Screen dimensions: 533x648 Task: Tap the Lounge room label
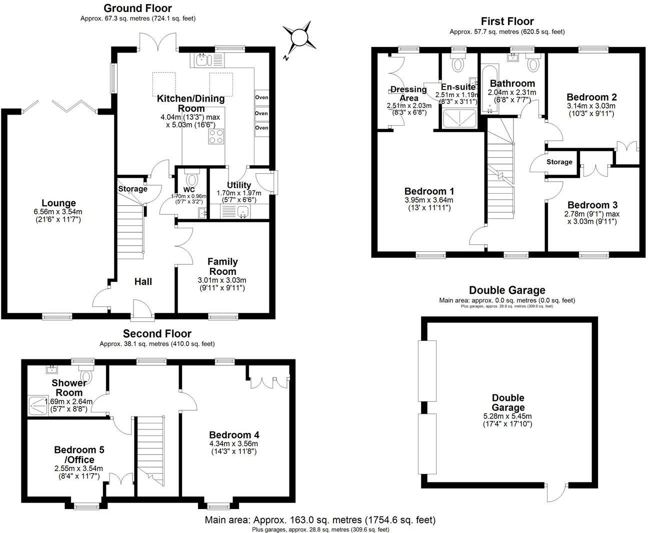58,203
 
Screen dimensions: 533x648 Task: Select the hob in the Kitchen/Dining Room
216,136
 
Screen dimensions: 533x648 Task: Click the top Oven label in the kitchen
261,97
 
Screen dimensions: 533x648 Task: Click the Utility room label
238,185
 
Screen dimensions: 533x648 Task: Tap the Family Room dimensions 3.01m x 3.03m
222,280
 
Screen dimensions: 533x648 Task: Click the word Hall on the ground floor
143,282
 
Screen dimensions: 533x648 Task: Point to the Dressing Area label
408,94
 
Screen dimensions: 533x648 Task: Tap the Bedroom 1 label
429,191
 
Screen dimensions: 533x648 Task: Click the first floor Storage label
559,162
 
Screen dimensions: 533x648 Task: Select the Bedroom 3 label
592,205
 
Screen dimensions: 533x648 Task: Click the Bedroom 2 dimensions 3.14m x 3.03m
591,106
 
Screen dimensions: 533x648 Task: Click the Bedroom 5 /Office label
79,454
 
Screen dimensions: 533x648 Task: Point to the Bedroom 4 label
234,435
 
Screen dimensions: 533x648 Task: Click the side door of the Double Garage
556,491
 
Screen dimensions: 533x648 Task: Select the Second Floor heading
157,333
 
